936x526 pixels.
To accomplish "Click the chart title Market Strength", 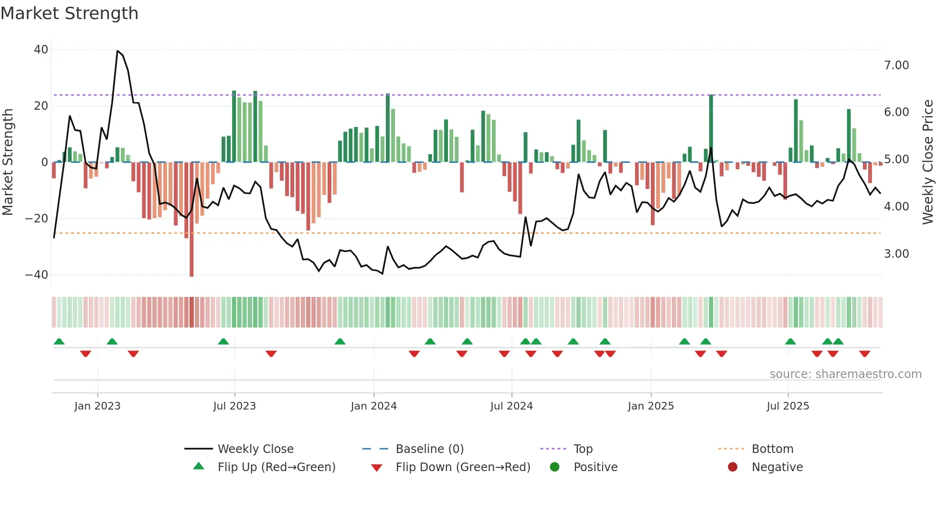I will pos(69,13).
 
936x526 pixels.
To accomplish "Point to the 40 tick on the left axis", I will pos(41,50).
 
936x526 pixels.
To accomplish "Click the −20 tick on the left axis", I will pos(36,219).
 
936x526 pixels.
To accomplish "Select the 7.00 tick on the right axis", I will pos(896,65).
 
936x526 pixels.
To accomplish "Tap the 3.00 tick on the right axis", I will pos(896,254).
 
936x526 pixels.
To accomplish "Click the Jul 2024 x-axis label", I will pos(511,406).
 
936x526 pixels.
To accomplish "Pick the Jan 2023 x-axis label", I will pos(97,406).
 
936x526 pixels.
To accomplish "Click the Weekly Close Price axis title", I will pos(927,162).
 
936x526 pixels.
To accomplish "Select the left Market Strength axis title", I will pos(8,162).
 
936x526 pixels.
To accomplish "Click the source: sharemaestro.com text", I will pos(845,374).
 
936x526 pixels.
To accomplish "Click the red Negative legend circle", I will pos(733,467).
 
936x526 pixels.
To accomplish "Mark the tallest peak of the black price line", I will pos(117,51).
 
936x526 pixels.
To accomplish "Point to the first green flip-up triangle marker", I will pos(59,342).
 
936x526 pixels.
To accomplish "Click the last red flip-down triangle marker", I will pos(864,354).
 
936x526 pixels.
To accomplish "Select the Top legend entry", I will pos(583,449).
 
